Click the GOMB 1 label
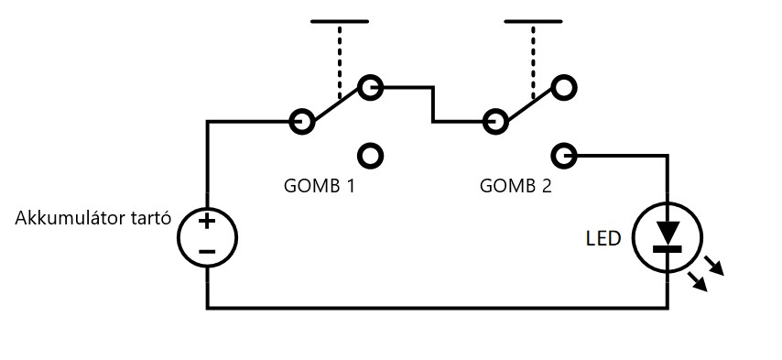coord(320,186)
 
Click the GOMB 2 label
coord(516,186)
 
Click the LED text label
coord(603,239)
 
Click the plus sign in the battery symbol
coord(207,222)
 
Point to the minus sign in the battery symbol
coord(207,251)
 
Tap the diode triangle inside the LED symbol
coord(668,232)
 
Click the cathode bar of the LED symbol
coord(668,248)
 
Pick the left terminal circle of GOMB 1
coord(302,121)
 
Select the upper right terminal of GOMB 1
coord(371,87)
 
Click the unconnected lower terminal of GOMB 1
coord(371,156)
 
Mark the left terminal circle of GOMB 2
coord(495,121)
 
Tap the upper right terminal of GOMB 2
coord(564,87)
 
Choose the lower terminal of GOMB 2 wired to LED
coord(564,156)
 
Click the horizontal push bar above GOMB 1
coord(340,21)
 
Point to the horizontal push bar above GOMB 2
coord(533,21)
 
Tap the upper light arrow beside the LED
coord(714,266)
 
